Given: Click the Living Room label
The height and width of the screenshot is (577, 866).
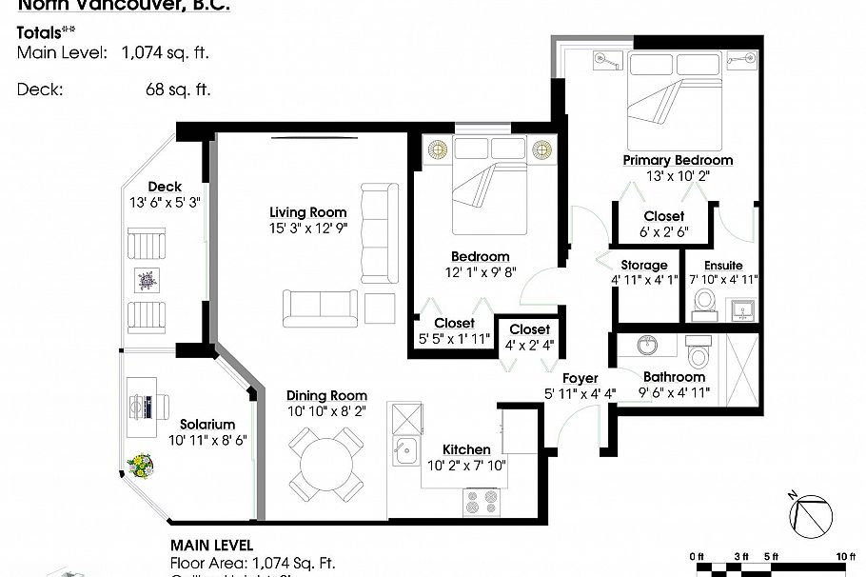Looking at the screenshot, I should tap(307, 211).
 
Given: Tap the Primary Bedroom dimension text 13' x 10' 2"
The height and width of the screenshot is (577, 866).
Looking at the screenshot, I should tap(677, 176).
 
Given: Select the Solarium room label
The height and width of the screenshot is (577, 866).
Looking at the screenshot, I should tap(207, 424).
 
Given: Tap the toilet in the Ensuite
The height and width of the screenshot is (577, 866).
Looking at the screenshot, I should tap(704, 301).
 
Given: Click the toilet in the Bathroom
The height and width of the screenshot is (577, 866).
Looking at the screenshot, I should tap(699, 355).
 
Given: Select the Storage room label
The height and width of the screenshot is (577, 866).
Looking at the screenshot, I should tap(644, 265).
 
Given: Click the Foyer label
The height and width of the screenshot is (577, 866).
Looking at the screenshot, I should tap(580, 378).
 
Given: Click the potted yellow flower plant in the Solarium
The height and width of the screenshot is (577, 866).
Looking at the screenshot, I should tap(142, 465).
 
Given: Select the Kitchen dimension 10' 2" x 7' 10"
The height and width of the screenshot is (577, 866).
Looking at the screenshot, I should tap(467, 466).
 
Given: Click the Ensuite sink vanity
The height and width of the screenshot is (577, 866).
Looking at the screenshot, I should tap(740, 309).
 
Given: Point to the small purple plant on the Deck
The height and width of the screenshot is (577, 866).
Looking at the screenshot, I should tap(148, 281).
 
